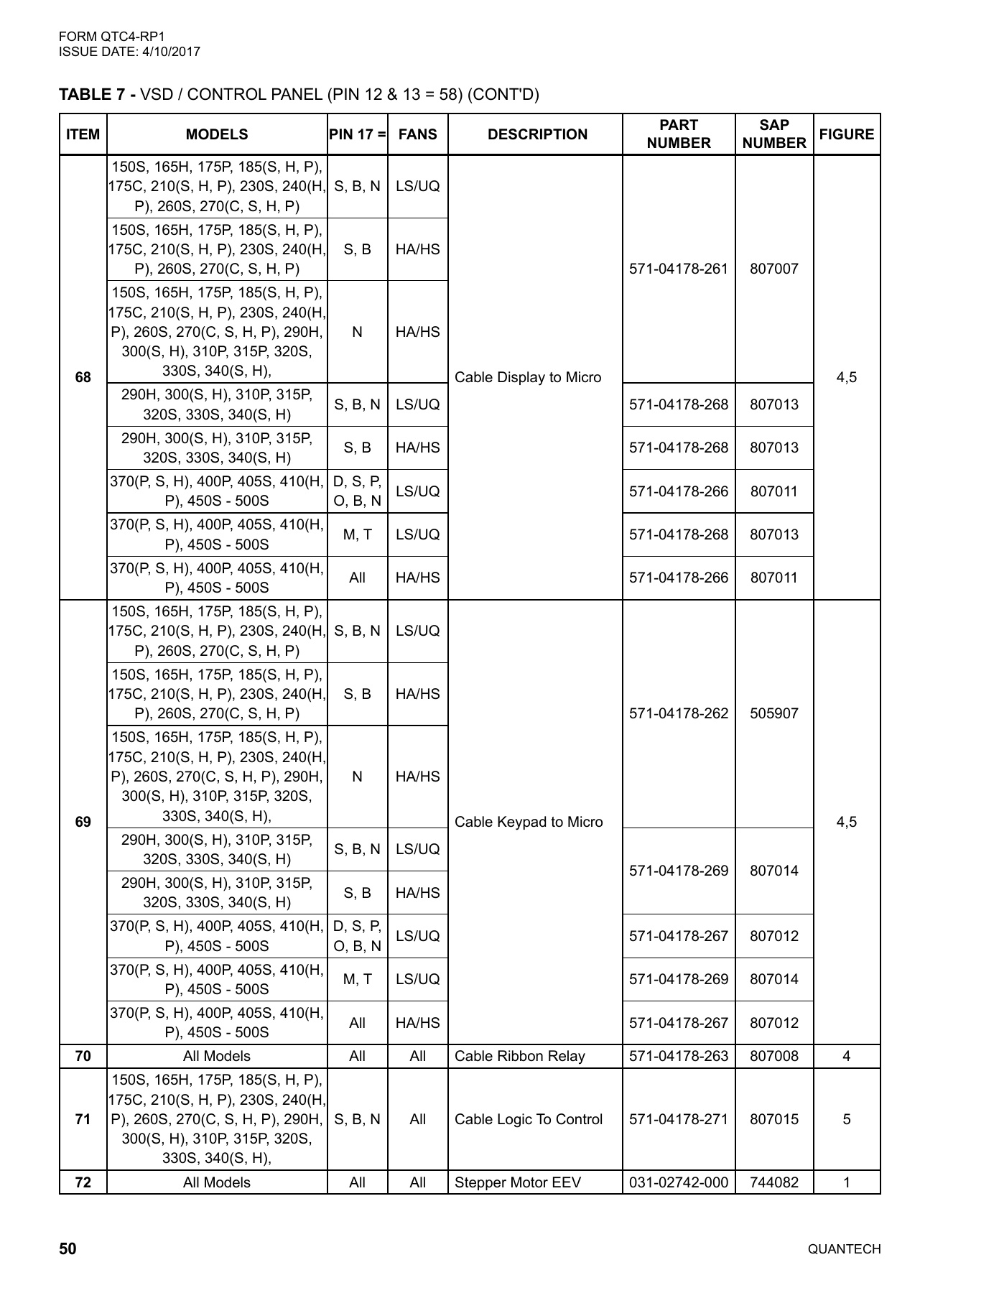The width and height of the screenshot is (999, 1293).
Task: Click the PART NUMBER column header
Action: click(x=678, y=134)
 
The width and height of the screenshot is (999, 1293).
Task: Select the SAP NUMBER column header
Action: click(x=773, y=134)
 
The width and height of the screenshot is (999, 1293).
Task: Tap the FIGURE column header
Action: click(x=846, y=134)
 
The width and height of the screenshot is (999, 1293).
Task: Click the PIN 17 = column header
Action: click(x=357, y=134)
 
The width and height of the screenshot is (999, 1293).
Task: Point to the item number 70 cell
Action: click(x=83, y=1056)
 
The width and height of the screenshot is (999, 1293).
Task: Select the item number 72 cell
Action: click(x=83, y=1182)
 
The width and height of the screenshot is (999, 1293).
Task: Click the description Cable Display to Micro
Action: click(x=528, y=377)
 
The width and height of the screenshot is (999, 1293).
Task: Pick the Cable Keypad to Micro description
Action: click(x=529, y=822)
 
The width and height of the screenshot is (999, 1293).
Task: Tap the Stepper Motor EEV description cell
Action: click(x=518, y=1182)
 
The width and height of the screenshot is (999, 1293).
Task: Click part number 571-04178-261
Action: click(x=678, y=269)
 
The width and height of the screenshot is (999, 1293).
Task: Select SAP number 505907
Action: click(x=773, y=713)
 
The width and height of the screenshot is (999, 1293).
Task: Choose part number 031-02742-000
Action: click(x=678, y=1182)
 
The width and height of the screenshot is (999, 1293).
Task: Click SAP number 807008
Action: click(x=773, y=1056)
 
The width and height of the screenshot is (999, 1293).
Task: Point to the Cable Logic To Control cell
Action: click(x=529, y=1119)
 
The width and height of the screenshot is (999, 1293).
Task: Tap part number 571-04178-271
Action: click(x=678, y=1119)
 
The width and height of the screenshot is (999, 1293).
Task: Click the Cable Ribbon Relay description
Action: click(x=520, y=1056)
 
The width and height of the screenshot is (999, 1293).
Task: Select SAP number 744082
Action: click(x=773, y=1182)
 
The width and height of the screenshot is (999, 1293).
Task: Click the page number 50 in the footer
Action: click(x=68, y=1248)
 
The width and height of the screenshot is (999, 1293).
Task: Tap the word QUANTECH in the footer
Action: click(x=844, y=1249)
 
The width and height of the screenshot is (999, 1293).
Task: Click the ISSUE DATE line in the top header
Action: click(x=129, y=52)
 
